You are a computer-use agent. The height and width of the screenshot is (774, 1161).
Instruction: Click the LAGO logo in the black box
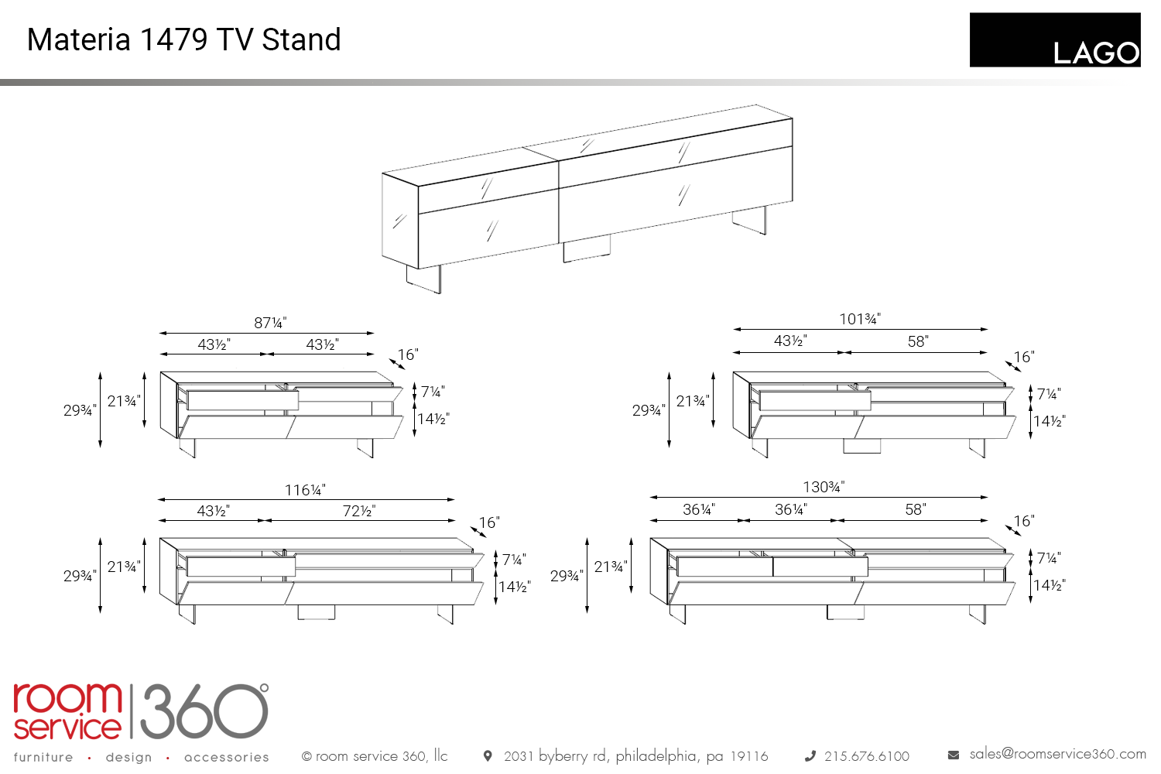coord(1096,53)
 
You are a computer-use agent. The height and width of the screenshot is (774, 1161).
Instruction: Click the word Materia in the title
coord(78,39)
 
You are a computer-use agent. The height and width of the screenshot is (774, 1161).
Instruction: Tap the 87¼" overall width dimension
coord(270,323)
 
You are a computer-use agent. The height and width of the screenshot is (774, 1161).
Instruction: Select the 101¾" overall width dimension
coord(860,319)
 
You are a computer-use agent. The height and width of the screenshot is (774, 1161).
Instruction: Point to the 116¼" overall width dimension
coord(305,490)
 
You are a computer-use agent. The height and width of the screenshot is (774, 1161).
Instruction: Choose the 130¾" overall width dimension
coord(824,487)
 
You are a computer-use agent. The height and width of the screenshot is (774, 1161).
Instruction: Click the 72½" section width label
coord(359,511)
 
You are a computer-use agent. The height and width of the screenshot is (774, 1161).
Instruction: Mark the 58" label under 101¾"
coord(918,341)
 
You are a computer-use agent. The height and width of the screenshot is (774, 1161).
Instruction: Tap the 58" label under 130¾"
coord(916,509)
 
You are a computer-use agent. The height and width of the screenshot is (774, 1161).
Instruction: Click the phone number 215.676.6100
coord(867,756)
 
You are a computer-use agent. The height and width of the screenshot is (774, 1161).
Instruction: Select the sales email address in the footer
coord(1057,754)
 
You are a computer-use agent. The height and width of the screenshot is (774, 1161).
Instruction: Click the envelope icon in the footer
coord(953,755)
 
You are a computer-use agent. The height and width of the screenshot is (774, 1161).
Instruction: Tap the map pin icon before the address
coord(487,756)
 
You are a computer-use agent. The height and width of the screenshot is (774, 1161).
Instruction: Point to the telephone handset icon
coord(810,756)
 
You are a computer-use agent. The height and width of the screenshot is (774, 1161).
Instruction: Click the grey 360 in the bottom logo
coord(204,711)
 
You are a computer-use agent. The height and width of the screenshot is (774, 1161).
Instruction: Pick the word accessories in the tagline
coord(227,758)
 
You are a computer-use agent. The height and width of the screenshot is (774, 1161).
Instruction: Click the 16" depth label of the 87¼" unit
coord(408,354)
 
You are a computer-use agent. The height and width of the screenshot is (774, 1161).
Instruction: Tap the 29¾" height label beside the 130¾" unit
coord(567,576)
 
